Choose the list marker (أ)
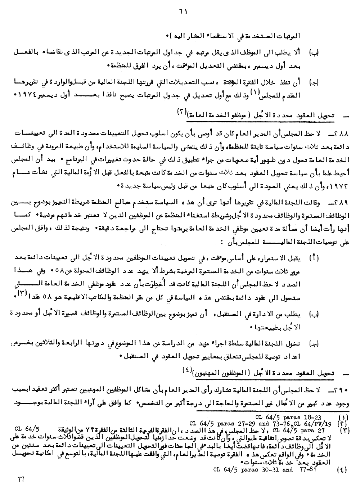point(314,258)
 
